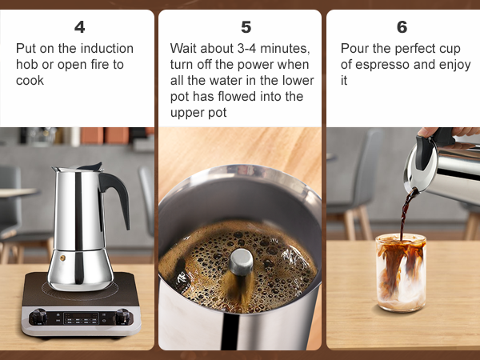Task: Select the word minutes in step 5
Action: (x=282, y=48)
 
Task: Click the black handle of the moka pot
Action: (x=118, y=200)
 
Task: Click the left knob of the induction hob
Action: (x=36, y=318)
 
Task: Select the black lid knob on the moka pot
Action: (x=96, y=166)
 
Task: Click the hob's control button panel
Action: (x=80, y=319)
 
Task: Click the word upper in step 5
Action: (x=187, y=113)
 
